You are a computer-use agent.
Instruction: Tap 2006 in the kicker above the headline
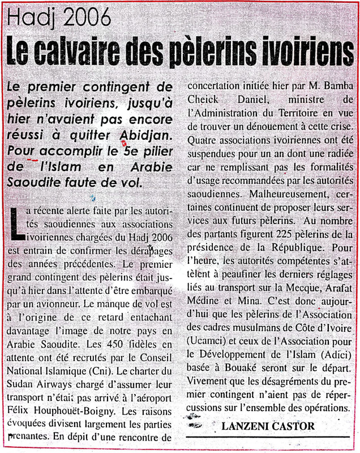84,19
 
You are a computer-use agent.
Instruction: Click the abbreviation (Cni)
105,370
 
